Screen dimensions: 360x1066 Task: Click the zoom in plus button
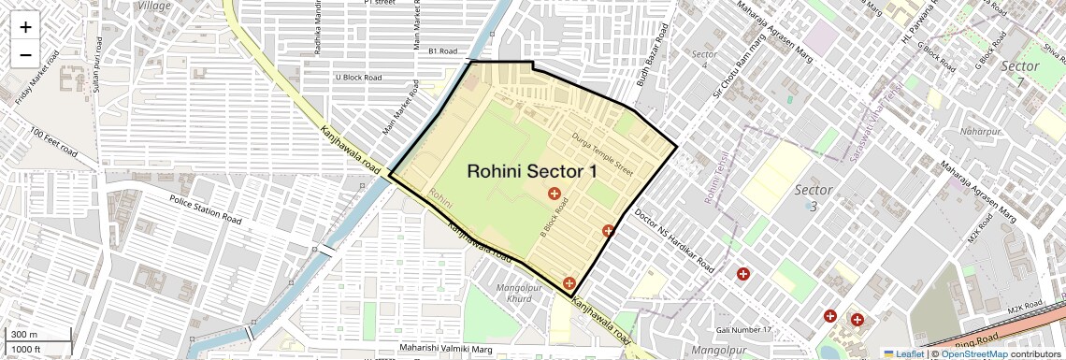(25, 27)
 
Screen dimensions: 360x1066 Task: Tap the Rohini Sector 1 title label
(532, 171)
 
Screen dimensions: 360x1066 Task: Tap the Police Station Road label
(205, 209)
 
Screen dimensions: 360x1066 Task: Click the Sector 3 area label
(813, 197)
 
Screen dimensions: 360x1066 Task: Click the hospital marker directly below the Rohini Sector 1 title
(555, 194)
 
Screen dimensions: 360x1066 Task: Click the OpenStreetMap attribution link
(973, 353)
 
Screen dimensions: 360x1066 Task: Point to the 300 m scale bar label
(24, 335)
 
